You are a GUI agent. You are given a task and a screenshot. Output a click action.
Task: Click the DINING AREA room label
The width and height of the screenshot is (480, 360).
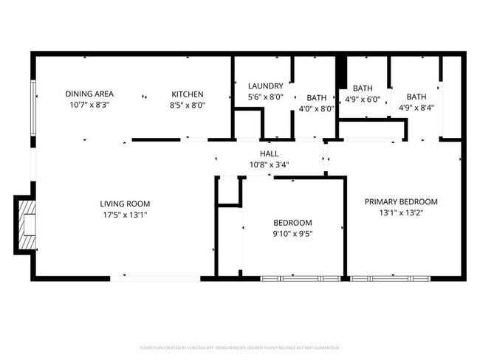pyautogui.click(x=89, y=94)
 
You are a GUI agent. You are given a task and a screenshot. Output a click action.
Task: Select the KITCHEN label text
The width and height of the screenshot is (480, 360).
pyautogui.click(x=188, y=94)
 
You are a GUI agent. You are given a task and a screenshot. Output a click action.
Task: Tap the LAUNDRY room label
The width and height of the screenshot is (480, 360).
pyautogui.click(x=265, y=86)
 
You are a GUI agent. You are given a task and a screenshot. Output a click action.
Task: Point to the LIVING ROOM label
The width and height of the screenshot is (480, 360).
pyautogui.click(x=126, y=204)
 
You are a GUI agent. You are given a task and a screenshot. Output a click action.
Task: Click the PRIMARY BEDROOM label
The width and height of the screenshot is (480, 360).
pyautogui.click(x=402, y=201)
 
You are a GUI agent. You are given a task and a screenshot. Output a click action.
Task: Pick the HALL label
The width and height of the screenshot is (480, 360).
pyautogui.click(x=269, y=153)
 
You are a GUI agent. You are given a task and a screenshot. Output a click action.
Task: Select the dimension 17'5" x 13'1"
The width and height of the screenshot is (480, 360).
pyautogui.click(x=126, y=215)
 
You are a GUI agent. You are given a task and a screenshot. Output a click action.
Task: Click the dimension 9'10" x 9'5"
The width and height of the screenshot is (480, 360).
pyautogui.click(x=292, y=234)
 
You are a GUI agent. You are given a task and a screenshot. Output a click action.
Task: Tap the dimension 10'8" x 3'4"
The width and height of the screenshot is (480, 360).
pyautogui.click(x=269, y=165)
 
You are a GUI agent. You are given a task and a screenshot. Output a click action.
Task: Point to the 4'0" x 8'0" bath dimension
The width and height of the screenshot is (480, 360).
pyautogui.click(x=317, y=108)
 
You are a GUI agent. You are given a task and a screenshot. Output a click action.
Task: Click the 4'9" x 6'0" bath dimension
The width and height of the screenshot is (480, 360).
pyautogui.click(x=363, y=100)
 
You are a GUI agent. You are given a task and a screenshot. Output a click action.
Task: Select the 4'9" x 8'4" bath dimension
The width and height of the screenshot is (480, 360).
pyautogui.click(x=416, y=108)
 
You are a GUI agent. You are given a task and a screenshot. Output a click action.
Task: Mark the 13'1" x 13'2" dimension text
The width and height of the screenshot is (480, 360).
pyautogui.click(x=402, y=212)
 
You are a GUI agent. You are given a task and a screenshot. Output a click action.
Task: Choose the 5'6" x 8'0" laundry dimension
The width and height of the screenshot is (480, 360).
pyautogui.click(x=265, y=97)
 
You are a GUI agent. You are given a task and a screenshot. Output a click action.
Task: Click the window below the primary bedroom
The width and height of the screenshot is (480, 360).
pyautogui.click(x=390, y=278)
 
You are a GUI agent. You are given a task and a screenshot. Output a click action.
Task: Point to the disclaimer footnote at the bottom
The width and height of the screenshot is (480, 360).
pyautogui.click(x=240, y=347)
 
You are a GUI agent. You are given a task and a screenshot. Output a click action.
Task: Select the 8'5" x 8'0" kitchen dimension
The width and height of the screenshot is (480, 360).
pyautogui.click(x=188, y=105)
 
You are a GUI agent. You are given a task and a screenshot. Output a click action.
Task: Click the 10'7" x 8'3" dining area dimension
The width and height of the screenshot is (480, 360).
pyautogui.click(x=89, y=105)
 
